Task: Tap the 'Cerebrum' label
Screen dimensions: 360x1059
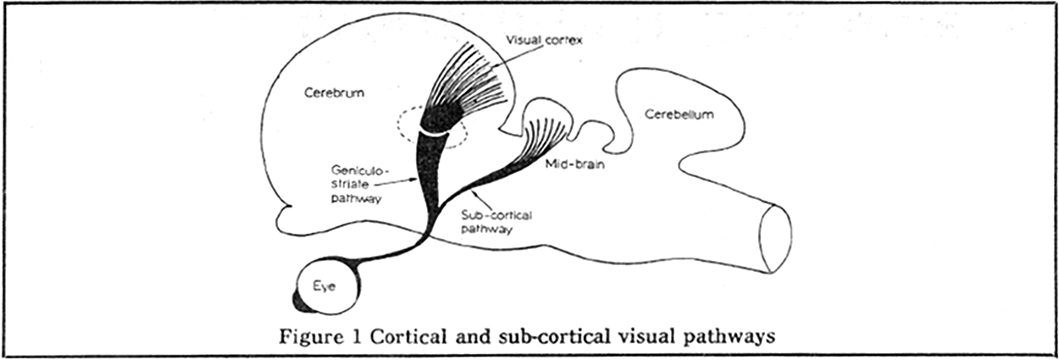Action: click(x=334, y=94)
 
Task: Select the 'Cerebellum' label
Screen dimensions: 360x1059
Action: click(x=678, y=113)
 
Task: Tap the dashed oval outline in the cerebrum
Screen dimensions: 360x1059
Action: click(x=402, y=127)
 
